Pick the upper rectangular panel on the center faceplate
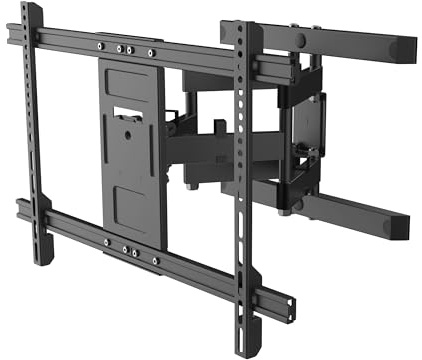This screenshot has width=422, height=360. (x=127, y=84)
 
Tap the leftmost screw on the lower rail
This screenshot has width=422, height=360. (x=106, y=241)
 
